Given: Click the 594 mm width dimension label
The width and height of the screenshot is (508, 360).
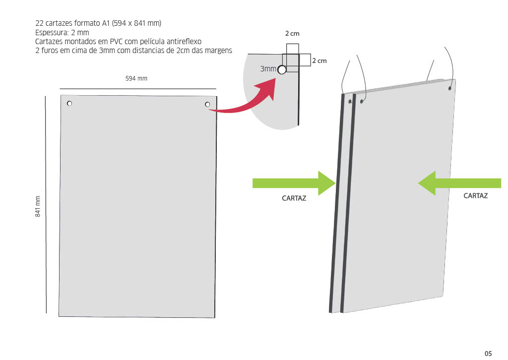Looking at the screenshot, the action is click(136, 78).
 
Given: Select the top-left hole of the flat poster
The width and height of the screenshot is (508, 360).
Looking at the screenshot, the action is click(69, 103).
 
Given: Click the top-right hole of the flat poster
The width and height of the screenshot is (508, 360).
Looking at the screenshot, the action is click(207, 104).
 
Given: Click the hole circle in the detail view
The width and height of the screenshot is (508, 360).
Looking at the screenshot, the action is click(282, 70).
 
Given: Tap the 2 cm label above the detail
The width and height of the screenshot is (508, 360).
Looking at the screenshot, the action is click(292, 34).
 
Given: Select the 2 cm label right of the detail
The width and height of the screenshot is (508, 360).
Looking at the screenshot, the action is click(319, 60).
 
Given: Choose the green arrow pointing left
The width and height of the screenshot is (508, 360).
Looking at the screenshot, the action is click(459, 183).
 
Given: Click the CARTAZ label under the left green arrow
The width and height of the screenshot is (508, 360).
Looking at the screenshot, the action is click(294, 198).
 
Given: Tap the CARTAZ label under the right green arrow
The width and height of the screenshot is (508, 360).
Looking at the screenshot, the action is click(475, 196).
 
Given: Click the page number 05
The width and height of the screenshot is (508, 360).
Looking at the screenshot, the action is click(488, 353).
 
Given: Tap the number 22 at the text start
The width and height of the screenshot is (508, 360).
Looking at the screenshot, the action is click(39, 23).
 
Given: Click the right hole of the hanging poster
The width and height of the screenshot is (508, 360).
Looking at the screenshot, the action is click(450, 88).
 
